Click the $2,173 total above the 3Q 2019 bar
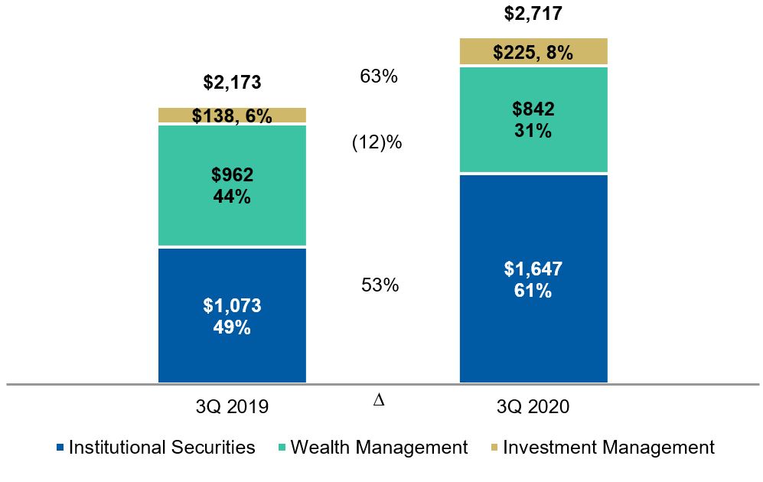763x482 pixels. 232,82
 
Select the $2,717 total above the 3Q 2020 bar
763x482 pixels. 533,13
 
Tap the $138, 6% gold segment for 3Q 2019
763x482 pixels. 232,116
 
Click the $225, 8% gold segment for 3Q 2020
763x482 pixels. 533,52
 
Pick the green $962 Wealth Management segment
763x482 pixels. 232,185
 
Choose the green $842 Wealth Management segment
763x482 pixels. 533,119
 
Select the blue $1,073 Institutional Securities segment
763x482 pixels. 232,316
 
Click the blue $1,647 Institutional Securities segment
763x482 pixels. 533,279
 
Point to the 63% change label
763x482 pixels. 378,77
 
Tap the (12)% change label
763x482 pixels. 377,143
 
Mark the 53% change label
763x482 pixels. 380,285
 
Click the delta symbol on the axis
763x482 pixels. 378,400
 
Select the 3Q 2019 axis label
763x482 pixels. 232,407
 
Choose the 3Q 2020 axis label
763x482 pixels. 533,407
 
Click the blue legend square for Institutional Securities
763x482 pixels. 60,448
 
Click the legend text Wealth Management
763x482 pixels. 379,448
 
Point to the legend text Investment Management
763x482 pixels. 608,448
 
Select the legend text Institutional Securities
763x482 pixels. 162,448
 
